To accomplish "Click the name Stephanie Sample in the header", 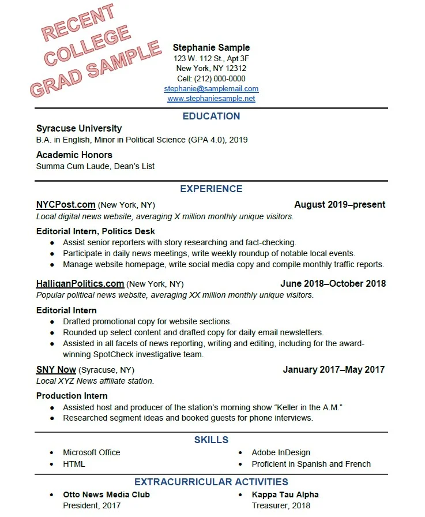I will (x=211, y=47).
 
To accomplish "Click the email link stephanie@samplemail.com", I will (x=211, y=89).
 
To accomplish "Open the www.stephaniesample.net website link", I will (x=211, y=99).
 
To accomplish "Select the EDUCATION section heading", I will (x=211, y=116).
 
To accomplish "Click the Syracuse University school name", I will (x=79, y=128).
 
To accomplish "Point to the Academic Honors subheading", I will (x=74, y=155).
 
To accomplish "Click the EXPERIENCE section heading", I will (x=211, y=189).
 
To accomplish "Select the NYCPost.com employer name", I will (x=66, y=204).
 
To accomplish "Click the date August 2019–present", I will (x=340, y=204).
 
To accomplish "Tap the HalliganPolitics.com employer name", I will (x=80, y=283).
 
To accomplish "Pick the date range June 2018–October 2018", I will (x=333, y=283).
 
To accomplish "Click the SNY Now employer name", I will (x=56, y=369).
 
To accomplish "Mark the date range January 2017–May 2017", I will (x=333, y=369).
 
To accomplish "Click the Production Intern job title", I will (x=72, y=396).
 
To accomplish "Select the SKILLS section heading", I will (x=211, y=440).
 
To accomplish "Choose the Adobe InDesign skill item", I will (x=281, y=452).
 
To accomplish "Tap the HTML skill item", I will (x=74, y=464).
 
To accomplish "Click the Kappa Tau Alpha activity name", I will (x=285, y=494).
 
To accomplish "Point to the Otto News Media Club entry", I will (x=106, y=494).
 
